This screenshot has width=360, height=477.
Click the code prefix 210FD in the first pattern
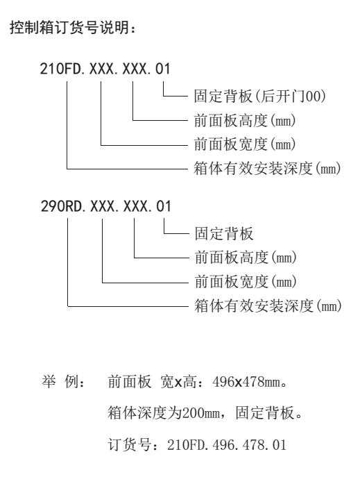[x=61, y=69]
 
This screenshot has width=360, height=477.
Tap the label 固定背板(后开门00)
[x=260, y=96]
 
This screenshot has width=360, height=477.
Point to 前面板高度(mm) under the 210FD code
[x=245, y=120]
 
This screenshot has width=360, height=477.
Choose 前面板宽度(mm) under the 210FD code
[x=245, y=144]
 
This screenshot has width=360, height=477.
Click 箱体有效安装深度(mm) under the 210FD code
[x=267, y=168]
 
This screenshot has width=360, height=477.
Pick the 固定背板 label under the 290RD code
[x=224, y=233]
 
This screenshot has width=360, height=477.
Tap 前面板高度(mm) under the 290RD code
[x=246, y=258]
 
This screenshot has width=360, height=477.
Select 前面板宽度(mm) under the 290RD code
[x=246, y=281]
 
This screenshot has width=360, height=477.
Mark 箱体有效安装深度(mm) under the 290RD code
[x=268, y=306]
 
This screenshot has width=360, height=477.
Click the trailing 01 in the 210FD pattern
[x=163, y=69]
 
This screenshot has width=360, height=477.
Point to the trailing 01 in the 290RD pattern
[x=164, y=206]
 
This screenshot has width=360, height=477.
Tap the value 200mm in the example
[x=201, y=413]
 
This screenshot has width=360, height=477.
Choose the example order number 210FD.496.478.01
[x=227, y=445]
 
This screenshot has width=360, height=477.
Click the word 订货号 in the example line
[x=130, y=445]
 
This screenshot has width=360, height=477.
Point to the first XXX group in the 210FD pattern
[x=101, y=69]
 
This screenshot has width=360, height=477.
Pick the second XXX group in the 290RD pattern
[x=135, y=206]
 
